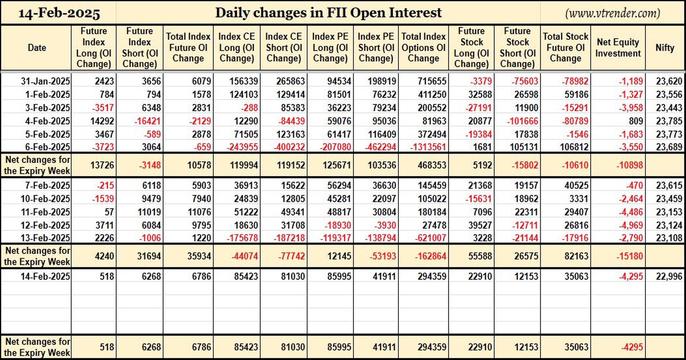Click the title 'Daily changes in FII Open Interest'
coord(328,13)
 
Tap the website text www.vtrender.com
coord(613,13)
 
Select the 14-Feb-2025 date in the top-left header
coord(59,13)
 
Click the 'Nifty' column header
coord(665,48)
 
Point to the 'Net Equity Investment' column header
coord(618,48)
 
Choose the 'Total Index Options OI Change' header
coord(423,47)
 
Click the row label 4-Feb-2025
coord(47,121)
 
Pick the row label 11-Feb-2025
coord(45,212)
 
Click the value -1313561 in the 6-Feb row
coord(428,147)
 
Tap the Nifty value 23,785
coord(669,121)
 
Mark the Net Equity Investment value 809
coord(636,121)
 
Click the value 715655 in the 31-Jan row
coord(432,81)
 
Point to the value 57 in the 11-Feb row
coord(109,212)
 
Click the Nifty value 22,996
coord(669,276)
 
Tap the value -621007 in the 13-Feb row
coord(430,238)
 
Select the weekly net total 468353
coord(432,165)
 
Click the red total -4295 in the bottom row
coord(632,347)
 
